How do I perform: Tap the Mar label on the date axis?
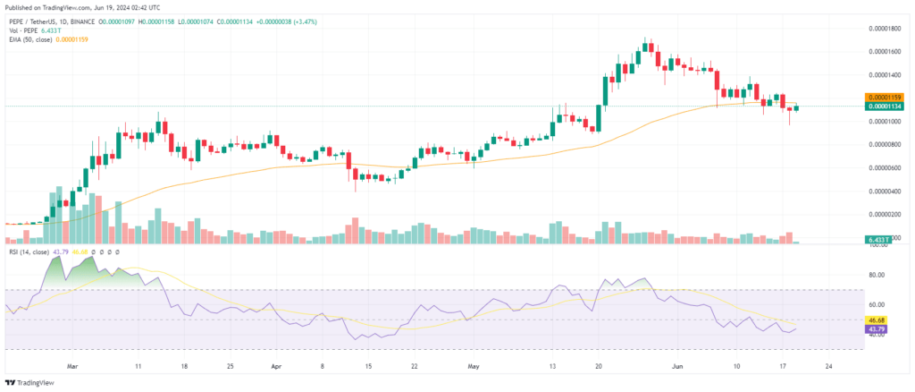pos(73,366)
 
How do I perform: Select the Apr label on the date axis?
pos(275,366)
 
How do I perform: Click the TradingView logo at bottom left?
pos(36,380)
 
